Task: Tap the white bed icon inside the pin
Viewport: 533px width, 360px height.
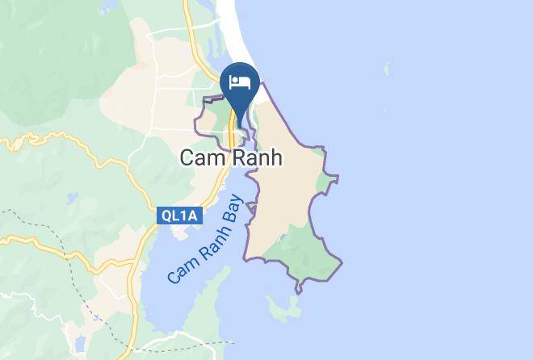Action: click(x=239, y=82)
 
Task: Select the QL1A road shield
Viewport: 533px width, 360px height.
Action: click(x=179, y=216)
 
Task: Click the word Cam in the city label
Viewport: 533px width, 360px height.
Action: click(x=202, y=158)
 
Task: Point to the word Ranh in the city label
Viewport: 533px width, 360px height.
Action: click(x=256, y=158)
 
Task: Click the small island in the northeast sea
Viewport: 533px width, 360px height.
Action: click(x=386, y=69)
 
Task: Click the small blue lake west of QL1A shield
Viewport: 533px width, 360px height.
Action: click(x=72, y=197)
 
